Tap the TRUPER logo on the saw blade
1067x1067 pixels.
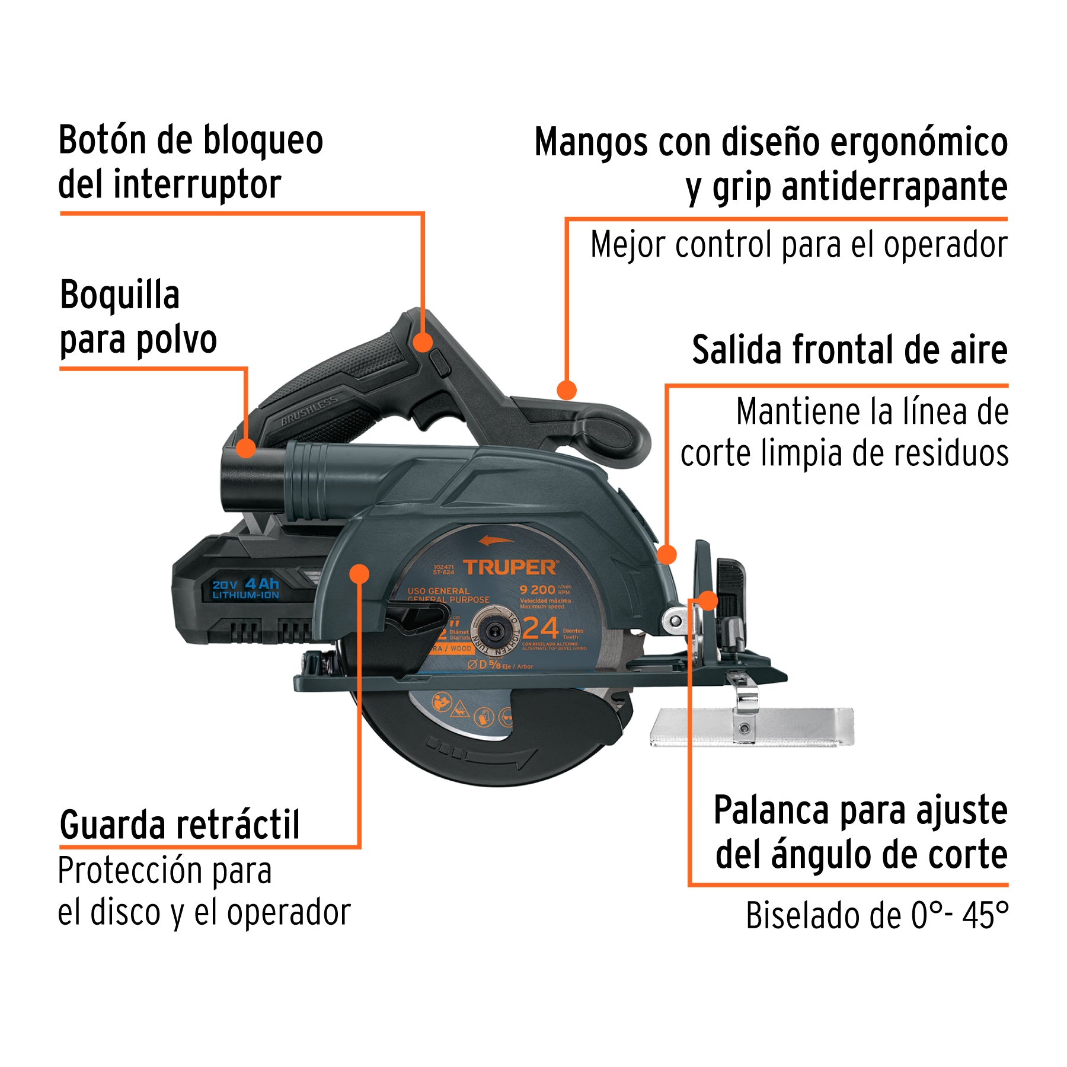510,567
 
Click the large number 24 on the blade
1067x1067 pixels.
541,628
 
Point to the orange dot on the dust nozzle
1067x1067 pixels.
246,448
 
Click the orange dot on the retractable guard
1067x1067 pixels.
359,573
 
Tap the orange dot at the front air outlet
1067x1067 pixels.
667,555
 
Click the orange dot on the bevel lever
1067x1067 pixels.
708,600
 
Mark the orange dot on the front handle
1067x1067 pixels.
567,390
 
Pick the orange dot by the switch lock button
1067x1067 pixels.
423,342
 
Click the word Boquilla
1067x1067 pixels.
120,295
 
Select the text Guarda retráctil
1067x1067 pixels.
180,825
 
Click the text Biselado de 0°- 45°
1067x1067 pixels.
876,915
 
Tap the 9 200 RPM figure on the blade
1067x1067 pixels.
538,589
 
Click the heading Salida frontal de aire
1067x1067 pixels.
849,350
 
